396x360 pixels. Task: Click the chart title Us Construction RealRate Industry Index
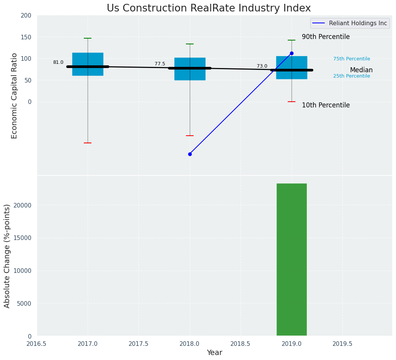click(x=209, y=8)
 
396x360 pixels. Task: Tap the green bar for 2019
click(x=292, y=260)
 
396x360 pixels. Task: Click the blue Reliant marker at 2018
click(x=190, y=154)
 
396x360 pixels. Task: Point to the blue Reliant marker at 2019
click(x=292, y=53)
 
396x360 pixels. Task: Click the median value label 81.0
click(x=58, y=62)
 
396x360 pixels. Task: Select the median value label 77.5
click(x=160, y=64)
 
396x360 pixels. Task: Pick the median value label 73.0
click(x=262, y=66)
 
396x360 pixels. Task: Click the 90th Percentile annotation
click(x=326, y=37)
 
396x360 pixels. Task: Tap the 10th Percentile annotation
click(x=326, y=105)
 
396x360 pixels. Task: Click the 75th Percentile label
click(x=352, y=59)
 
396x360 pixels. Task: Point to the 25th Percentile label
click(x=352, y=76)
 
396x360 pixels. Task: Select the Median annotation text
click(x=361, y=70)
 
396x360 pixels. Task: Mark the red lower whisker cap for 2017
click(x=88, y=143)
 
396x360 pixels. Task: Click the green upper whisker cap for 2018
click(x=190, y=44)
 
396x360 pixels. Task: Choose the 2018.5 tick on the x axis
click(x=240, y=344)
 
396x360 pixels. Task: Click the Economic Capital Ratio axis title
click(x=15, y=96)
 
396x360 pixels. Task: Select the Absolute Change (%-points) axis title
click(x=7, y=256)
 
